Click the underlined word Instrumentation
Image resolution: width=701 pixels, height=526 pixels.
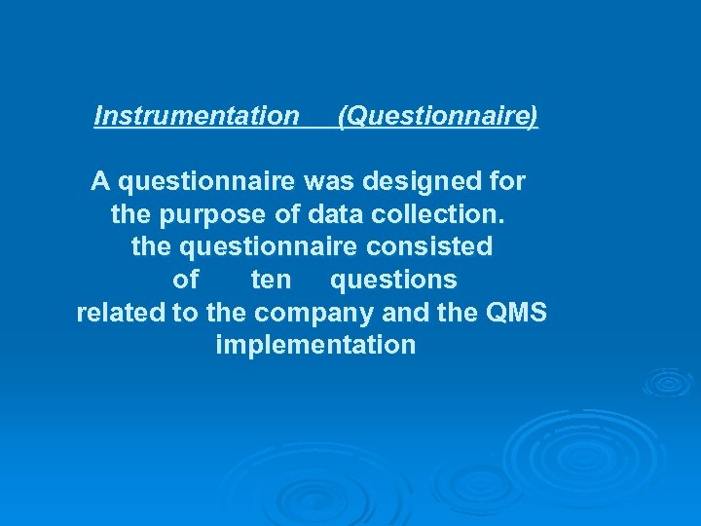click(197, 117)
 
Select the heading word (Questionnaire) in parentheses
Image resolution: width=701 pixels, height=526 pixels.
click(437, 117)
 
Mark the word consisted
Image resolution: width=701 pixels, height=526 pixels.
click(432, 246)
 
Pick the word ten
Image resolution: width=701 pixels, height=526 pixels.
click(271, 280)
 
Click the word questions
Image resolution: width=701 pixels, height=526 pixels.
click(393, 281)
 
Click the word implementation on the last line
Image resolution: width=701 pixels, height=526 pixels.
click(315, 346)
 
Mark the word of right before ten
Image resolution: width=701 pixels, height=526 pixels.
click(185, 280)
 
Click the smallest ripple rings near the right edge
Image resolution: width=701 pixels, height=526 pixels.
click(668, 381)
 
